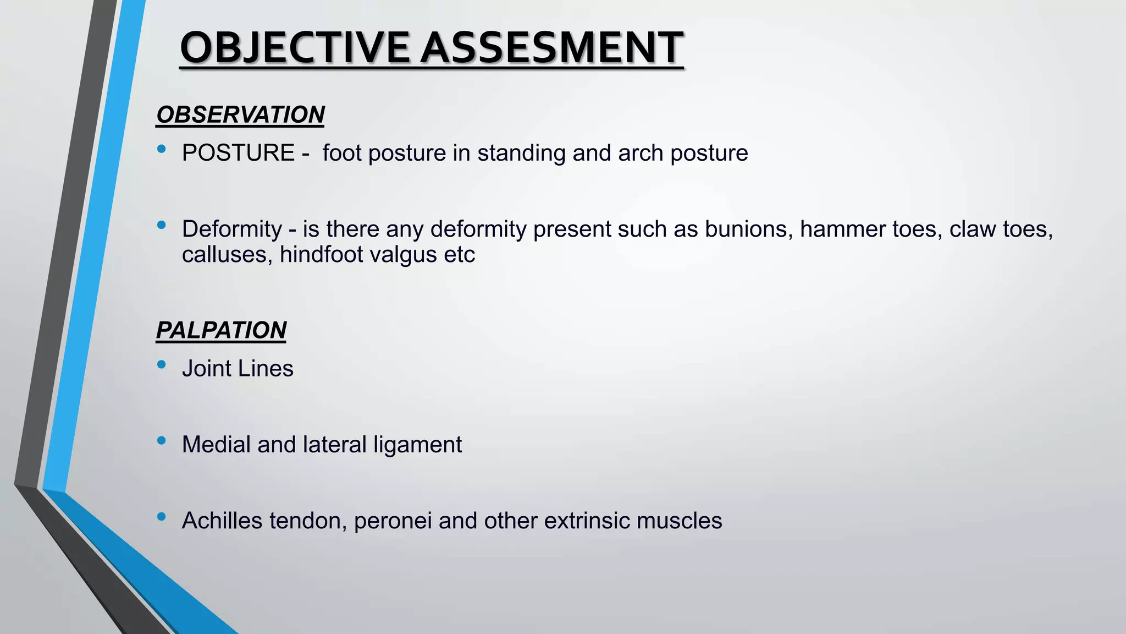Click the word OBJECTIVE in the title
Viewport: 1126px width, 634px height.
[x=295, y=48]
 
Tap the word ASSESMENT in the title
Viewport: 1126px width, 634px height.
[x=552, y=48]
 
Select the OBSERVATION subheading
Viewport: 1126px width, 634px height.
[x=240, y=115]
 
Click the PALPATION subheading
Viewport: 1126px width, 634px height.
[x=221, y=330]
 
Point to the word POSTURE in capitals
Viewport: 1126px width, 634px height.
[x=238, y=153]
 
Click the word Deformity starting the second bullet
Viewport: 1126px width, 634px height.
[x=231, y=229]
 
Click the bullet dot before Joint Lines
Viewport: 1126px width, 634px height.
[x=161, y=364]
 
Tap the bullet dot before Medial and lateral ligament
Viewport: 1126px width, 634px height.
[x=161, y=440]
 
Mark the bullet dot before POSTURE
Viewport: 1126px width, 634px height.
[x=161, y=149]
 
